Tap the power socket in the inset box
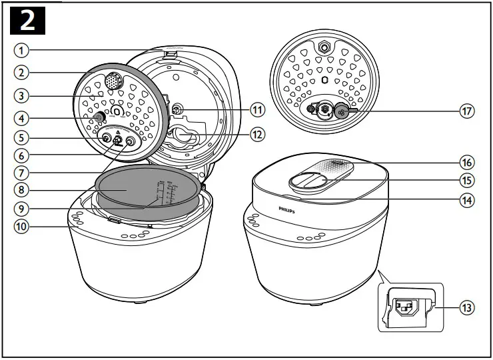(407, 307)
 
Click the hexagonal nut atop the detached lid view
(324, 48)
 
